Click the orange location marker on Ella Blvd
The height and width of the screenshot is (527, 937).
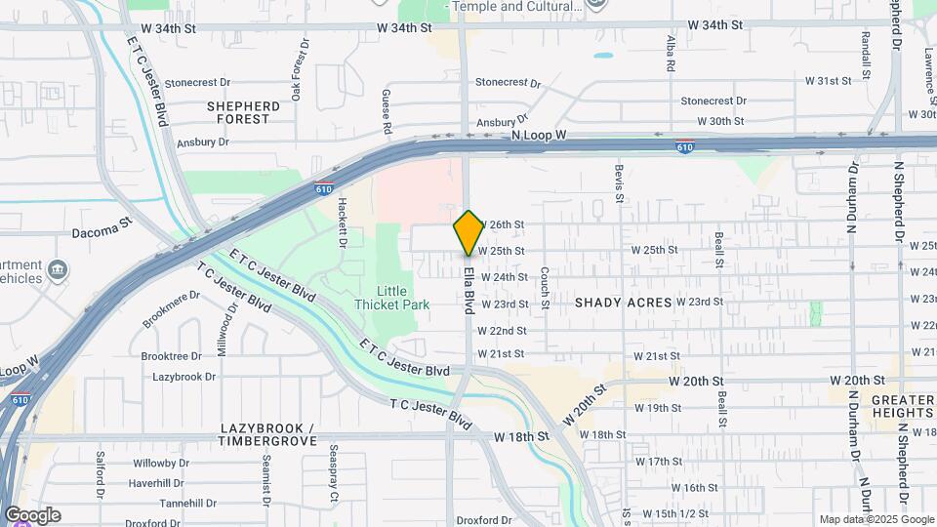(468, 232)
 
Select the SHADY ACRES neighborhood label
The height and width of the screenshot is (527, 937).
(623, 303)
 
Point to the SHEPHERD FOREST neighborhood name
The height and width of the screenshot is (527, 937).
(243, 112)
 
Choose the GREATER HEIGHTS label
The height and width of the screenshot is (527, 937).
(889, 408)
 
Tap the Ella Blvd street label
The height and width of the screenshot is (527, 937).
(468, 290)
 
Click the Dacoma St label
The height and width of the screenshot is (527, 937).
(102, 231)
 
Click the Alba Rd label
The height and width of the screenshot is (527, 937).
(671, 55)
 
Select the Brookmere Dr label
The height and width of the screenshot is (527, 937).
(172, 306)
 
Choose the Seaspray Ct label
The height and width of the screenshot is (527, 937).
(333, 474)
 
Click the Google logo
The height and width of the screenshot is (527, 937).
(32, 515)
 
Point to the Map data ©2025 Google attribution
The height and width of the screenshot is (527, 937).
(876, 519)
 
